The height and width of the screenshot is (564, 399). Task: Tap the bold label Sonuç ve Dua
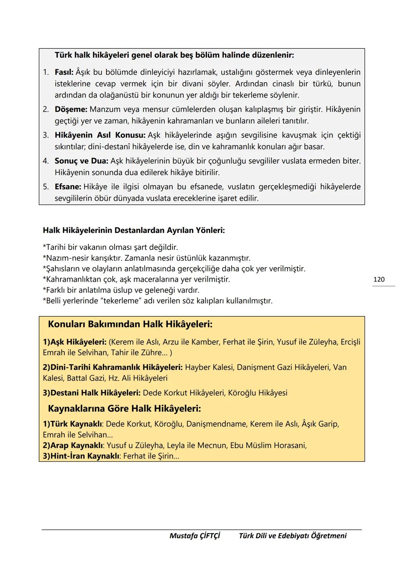coord(81,161)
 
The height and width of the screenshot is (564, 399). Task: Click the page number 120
coord(379,279)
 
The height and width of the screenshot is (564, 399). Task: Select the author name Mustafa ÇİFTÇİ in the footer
coord(195,536)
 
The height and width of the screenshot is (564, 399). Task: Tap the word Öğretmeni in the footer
coord(328,536)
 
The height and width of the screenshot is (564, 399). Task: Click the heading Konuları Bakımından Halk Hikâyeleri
coord(130,325)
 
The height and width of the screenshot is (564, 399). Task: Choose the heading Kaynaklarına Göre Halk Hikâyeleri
coord(125,409)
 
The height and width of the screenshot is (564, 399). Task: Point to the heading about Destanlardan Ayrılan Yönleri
coord(134,230)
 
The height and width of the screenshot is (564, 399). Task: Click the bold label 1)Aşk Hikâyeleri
coord(75,342)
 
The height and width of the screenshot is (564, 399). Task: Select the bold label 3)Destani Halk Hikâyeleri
coord(92,393)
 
